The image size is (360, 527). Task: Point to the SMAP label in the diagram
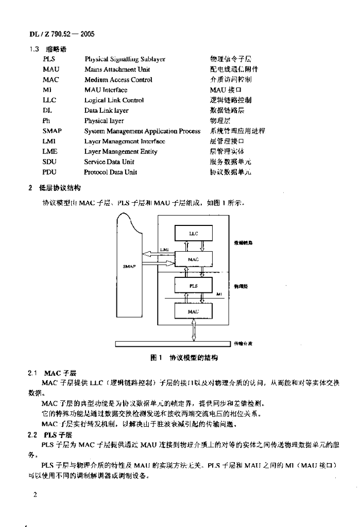(x=130, y=267)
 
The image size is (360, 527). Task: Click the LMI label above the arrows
(x=164, y=250)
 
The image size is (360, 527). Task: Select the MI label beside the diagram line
(x=218, y=294)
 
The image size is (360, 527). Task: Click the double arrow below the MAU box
(x=193, y=329)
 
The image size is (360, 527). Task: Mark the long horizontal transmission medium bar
(x=172, y=344)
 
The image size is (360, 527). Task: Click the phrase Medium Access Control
(x=118, y=80)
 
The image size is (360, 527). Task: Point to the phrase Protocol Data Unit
(x=110, y=172)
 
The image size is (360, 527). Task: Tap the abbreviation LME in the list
(x=50, y=151)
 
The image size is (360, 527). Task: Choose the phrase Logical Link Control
(x=114, y=100)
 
